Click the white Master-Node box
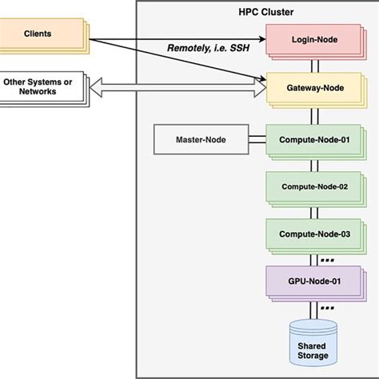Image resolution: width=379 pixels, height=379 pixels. (x=200, y=140)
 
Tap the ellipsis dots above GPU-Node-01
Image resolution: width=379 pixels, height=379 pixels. (x=326, y=258)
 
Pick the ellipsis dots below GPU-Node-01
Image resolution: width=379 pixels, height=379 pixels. (x=326, y=307)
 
